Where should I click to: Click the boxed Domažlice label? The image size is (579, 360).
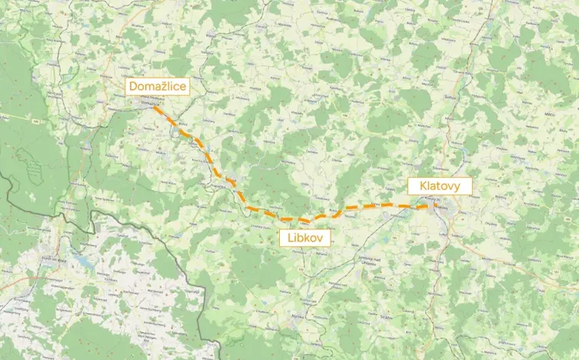coord(157,86)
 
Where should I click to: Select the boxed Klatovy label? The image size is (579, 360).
coord(439,185)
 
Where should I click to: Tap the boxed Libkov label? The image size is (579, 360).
coord(305,238)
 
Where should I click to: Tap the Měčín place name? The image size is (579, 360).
coord(548,113)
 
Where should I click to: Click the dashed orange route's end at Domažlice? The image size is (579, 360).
coord(153,107)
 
